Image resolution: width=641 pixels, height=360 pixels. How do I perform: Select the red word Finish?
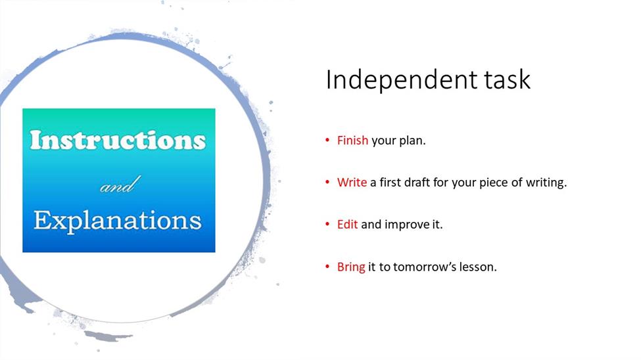(x=352, y=140)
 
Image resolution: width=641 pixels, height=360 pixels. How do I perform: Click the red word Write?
(x=352, y=182)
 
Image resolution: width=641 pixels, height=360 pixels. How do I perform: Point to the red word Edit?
(x=347, y=224)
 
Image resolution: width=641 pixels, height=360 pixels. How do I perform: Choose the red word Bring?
(x=351, y=267)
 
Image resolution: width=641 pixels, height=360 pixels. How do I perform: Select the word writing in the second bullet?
(x=546, y=183)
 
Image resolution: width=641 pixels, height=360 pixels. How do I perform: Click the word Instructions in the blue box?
(x=118, y=140)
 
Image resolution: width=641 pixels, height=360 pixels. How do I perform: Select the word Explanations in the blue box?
(x=118, y=221)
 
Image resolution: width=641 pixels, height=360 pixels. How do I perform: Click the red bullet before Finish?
(x=327, y=140)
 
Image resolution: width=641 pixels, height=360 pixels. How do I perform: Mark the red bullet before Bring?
(x=327, y=267)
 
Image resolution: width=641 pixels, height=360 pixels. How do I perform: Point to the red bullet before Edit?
(x=327, y=224)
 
